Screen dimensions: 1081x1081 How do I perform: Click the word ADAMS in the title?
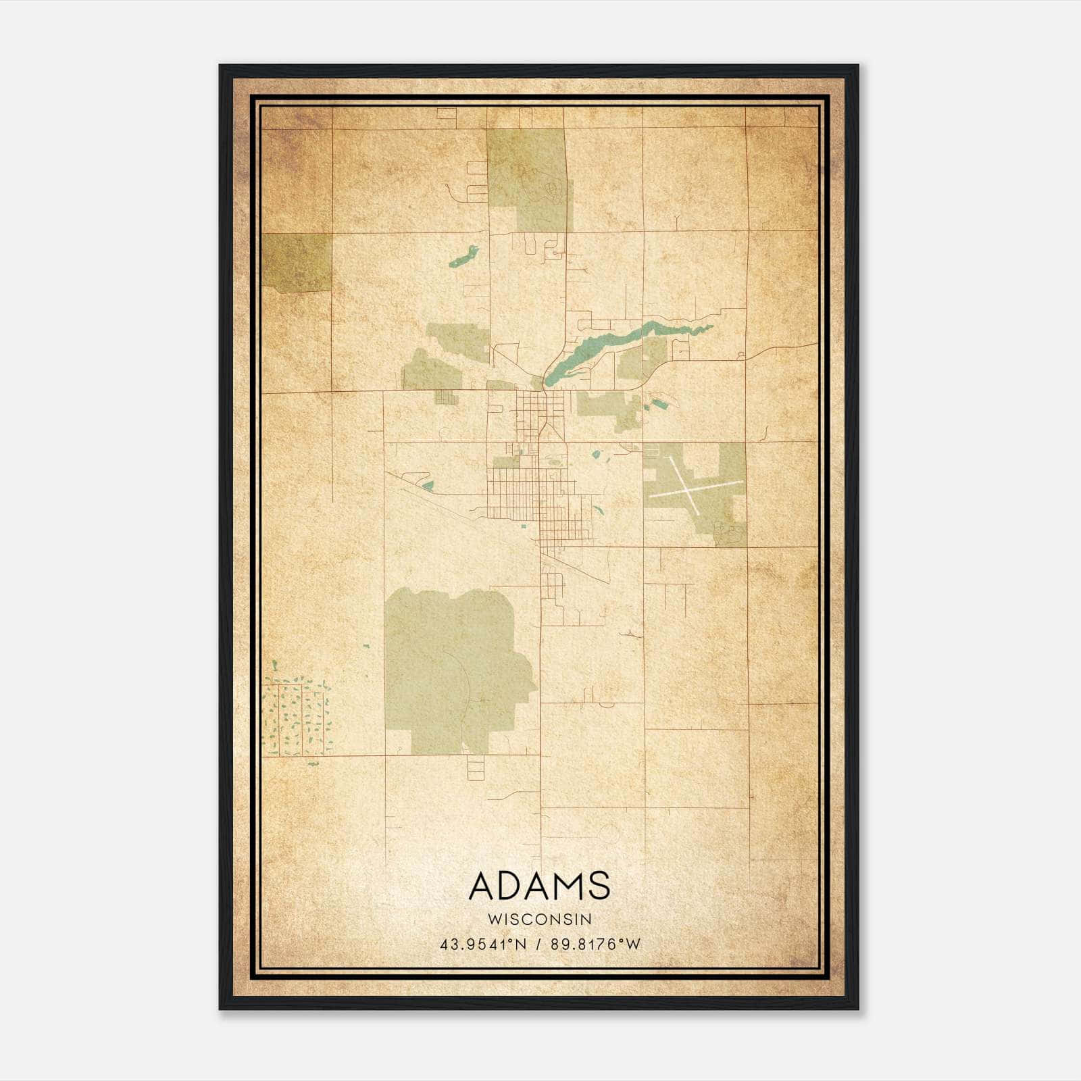pyautogui.click(x=539, y=885)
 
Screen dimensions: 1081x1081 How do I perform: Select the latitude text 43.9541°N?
pyautogui.click(x=482, y=945)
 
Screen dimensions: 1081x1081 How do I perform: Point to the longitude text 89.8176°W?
pyautogui.click(x=595, y=945)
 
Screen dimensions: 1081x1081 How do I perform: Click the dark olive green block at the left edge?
pyautogui.click(x=296, y=262)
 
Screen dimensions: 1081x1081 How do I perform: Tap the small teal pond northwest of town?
pyautogui.click(x=463, y=255)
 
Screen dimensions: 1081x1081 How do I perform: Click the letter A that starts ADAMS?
pyautogui.click(x=481, y=885)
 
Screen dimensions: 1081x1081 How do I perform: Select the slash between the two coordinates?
pyautogui.click(x=538, y=945)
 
